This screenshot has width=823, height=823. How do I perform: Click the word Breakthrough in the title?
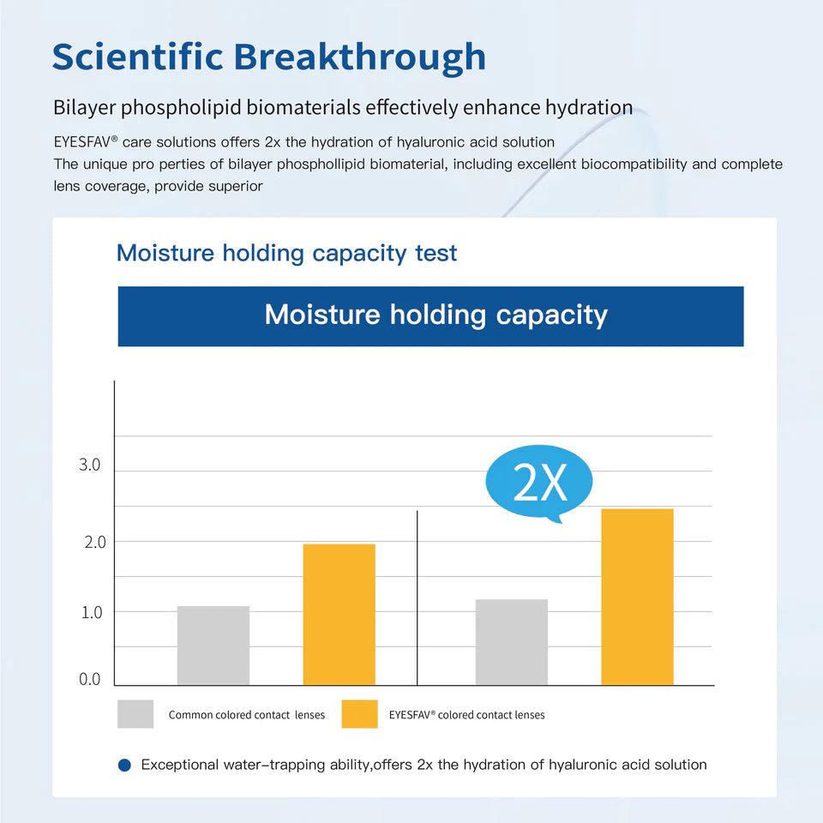pyautogui.click(x=360, y=57)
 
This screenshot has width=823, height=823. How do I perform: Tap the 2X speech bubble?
pyautogui.click(x=540, y=484)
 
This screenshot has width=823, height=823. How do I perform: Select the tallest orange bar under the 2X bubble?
pyautogui.click(x=637, y=597)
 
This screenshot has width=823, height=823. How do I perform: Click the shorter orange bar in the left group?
pyautogui.click(x=339, y=614)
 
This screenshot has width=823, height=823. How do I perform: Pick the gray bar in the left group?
pyautogui.click(x=213, y=646)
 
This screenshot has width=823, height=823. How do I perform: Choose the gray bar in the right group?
pyautogui.click(x=511, y=642)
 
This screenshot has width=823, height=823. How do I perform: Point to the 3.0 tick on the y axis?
pyautogui.click(x=90, y=466)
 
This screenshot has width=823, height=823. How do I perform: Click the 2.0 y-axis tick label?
pyautogui.click(x=90, y=542)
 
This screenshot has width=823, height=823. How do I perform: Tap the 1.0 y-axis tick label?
pyautogui.click(x=90, y=612)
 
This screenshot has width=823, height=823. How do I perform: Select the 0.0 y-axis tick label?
pyautogui.click(x=90, y=680)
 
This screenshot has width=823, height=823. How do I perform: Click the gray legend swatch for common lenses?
pyautogui.click(x=135, y=714)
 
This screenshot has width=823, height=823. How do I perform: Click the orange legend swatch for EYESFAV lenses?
pyautogui.click(x=359, y=714)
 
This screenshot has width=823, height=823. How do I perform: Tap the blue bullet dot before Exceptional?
pyautogui.click(x=124, y=765)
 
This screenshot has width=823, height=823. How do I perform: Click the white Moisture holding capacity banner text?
pyautogui.click(x=436, y=315)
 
